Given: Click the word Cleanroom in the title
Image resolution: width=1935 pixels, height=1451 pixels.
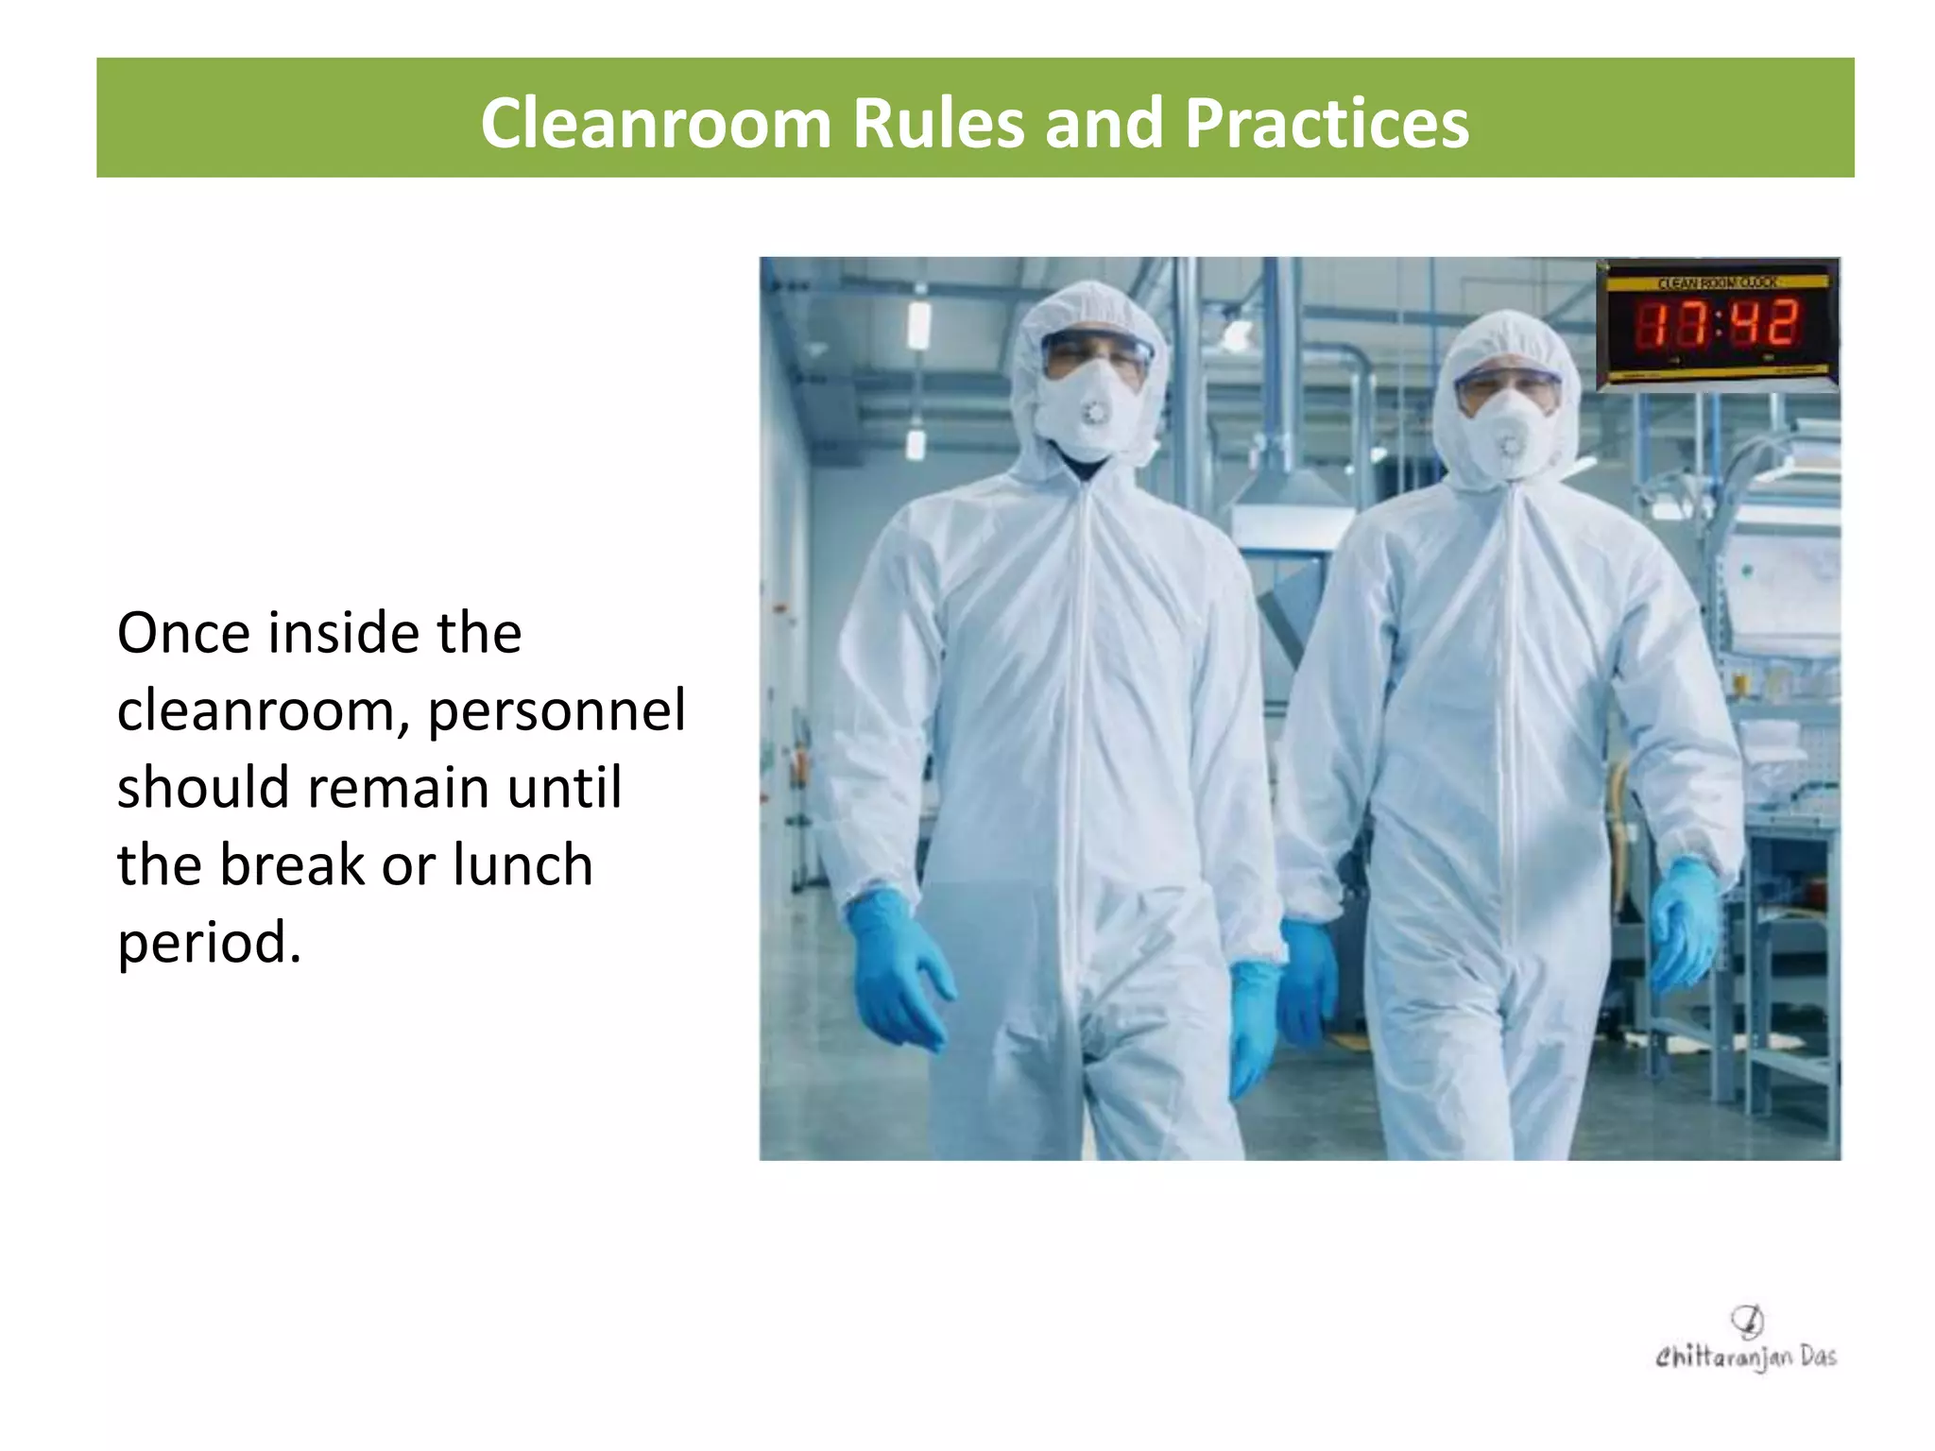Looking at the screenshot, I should click(655, 124).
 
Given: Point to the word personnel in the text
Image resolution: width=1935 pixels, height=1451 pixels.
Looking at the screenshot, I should click(557, 710).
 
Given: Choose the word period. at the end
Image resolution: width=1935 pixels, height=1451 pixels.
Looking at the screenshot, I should click(209, 943).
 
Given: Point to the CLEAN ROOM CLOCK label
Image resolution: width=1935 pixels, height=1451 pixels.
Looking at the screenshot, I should click(1717, 282).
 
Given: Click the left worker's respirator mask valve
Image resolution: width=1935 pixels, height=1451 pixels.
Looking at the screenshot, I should click(1095, 413).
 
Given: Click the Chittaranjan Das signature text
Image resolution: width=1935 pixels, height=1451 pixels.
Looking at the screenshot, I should click(1745, 1357).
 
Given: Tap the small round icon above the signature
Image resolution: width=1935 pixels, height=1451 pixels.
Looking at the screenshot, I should click(1747, 1320).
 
